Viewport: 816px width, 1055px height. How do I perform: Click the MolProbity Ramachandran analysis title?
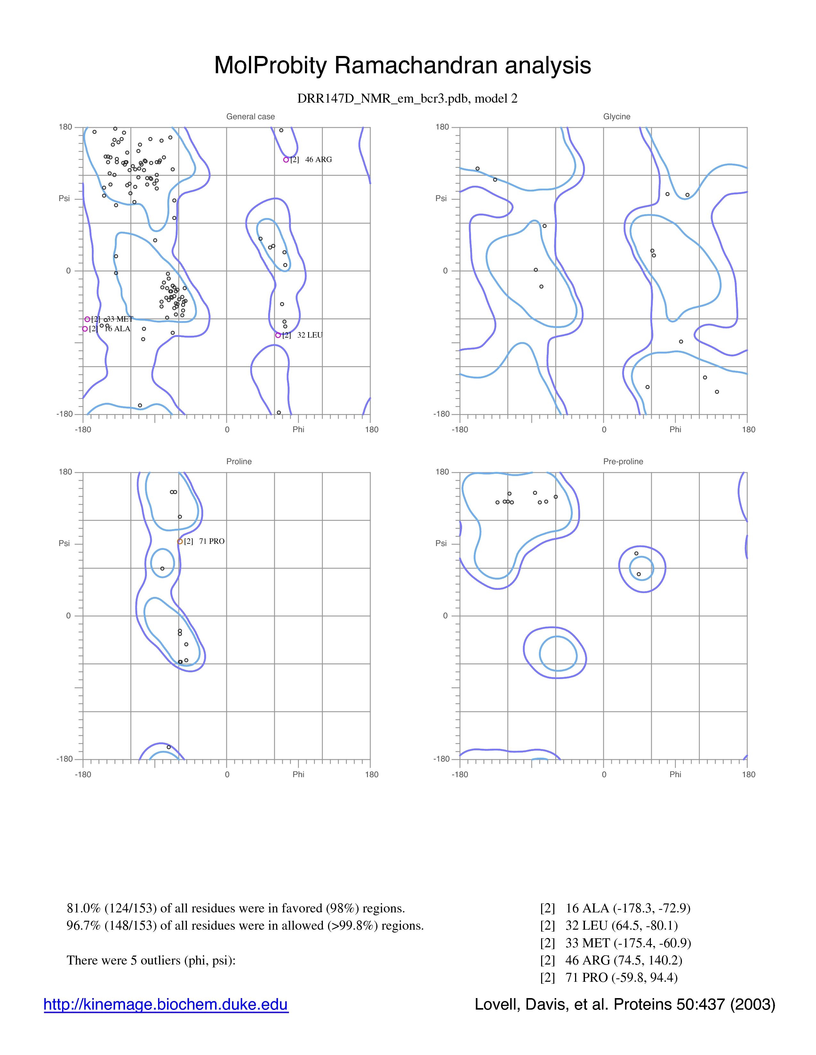click(402, 65)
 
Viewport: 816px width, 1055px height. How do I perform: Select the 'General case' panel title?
click(251, 116)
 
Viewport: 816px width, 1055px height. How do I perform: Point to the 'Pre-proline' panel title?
click(623, 461)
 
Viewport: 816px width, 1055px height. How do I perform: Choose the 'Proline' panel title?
click(239, 461)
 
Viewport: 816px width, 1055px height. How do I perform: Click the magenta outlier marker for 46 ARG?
click(286, 160)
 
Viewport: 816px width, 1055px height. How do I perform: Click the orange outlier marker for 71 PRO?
click(180, 542)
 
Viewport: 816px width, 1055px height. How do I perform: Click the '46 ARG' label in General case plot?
click(319, 160)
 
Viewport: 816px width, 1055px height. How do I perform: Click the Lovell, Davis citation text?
click(625, 1004)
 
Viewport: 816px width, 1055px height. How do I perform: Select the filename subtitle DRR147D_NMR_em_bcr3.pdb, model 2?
click(407, 98)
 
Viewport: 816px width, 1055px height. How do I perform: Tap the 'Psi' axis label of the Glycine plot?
click(441, 198)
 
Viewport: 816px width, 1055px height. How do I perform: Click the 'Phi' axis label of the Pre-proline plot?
click(675, 774)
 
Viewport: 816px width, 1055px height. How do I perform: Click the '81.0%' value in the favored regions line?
click(84, 908)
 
